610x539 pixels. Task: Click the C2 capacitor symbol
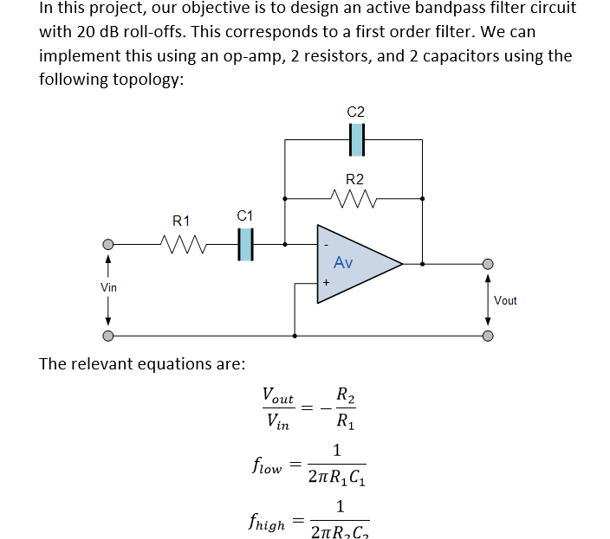(355, 138)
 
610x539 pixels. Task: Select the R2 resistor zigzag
(354, 199)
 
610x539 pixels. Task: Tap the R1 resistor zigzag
(181, 244)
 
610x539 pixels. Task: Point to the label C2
(355, 112)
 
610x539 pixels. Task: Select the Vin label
(108, 286)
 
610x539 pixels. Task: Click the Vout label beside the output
(505, 300)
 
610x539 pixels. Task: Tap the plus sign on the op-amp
(326, 283)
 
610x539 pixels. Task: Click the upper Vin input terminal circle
(108, 244)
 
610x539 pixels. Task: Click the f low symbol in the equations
(265, 466)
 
